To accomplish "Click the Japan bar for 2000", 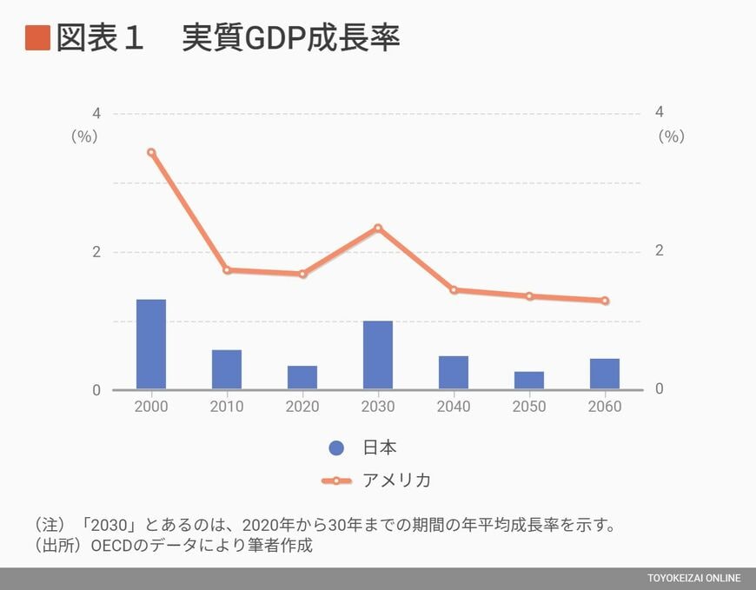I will [151, 344].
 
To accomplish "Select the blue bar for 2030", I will [378, 355].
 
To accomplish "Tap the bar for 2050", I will [529, 381].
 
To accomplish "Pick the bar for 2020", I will [302, 377].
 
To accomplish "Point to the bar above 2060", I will [605, 374].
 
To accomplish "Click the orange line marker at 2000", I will [151, 152].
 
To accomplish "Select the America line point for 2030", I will [378, 229].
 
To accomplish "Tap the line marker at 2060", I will [605, 301].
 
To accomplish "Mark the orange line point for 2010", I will [227, 270].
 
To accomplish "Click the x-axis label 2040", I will [454, 407].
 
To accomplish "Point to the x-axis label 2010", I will [227, 407].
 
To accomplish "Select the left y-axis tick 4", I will [96, 114].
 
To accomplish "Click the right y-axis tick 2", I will [659, 251].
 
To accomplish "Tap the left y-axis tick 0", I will [96, 390].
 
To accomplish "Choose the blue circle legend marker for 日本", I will [336, 448].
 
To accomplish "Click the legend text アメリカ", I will [396, 481].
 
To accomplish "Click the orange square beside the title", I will [37, 38].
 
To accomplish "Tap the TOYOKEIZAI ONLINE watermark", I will [693, 579].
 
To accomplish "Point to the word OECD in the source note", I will [114, 547].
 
